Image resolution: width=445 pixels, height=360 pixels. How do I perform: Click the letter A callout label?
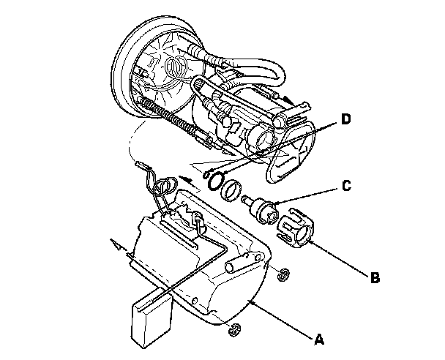[318, 338]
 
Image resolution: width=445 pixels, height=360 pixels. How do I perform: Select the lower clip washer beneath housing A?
[235, 329]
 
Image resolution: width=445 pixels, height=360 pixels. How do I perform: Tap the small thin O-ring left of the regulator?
[215, 180]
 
